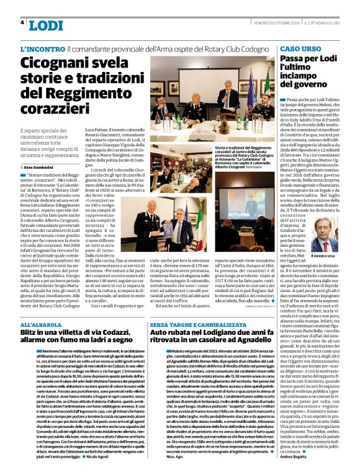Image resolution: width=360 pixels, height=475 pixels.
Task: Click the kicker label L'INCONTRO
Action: [x=42, y=48]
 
